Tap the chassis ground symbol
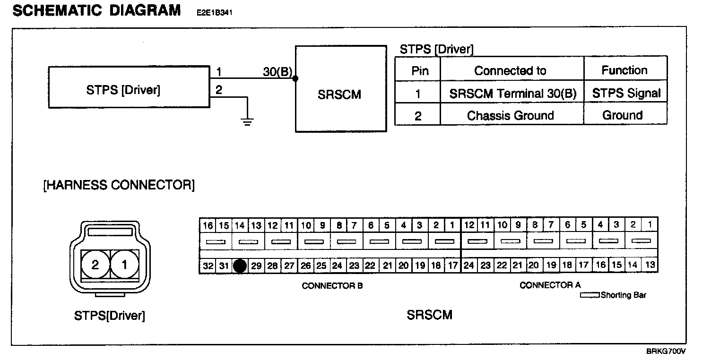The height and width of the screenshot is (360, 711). (247, 122)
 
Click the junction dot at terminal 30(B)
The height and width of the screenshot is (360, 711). (295, 78)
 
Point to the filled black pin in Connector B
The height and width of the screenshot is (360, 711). (240, 266)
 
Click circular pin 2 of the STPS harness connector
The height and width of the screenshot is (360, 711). (95, 265)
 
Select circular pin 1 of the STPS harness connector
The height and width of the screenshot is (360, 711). (125, 265)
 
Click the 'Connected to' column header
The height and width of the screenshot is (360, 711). (510, 71)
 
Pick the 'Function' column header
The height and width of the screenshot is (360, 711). (624, 70)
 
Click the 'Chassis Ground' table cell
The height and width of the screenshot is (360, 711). (511, 116)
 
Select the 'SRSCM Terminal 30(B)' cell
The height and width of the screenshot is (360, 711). (513, 94)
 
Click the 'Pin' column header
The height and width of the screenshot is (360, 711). (420, 71)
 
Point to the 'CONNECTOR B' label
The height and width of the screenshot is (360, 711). (332, 286)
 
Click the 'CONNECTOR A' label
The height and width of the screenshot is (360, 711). (550, 285)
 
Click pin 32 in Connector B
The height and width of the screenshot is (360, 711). (208, 266)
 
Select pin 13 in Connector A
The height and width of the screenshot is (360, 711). (650, 265)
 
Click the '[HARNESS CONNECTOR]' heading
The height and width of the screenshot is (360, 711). (119, 185)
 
